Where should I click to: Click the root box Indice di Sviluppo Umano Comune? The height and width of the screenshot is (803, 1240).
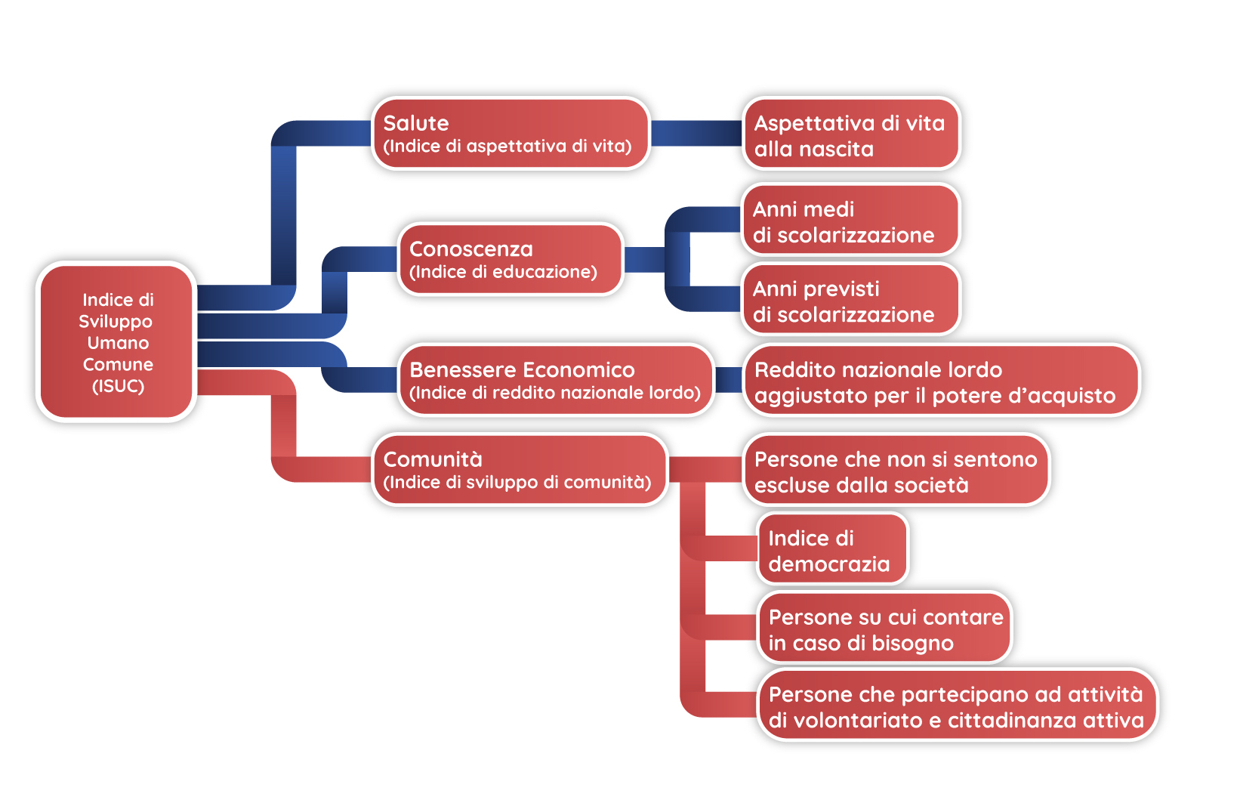(117, 341)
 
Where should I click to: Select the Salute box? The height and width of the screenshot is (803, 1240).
(510, 134)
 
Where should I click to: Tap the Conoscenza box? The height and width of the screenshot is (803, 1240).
(510, 259)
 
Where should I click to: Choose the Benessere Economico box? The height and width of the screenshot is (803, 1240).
(556, 380)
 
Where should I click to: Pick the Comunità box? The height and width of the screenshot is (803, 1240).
(520, 469)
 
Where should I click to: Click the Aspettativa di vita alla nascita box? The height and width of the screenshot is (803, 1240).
(850, 134)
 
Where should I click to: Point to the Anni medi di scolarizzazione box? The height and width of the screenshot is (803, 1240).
(850, 221)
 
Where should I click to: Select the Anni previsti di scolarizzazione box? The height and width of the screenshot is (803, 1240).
(850, 300)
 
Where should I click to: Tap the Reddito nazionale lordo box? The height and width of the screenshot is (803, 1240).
(941, 381)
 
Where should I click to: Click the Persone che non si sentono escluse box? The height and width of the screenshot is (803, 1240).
(896, 470)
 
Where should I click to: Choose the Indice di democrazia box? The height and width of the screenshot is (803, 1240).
(831, 549)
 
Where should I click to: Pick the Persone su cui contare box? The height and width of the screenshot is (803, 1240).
(884, 629)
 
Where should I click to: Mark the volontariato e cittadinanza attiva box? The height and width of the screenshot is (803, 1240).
(957, 706)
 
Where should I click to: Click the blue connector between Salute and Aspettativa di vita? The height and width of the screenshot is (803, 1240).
(696, 134)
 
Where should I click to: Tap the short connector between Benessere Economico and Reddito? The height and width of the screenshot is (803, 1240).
(729, 380)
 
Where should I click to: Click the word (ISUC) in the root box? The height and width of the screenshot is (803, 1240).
(118, 386)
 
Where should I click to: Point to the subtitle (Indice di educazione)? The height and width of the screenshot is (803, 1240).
(503, 272)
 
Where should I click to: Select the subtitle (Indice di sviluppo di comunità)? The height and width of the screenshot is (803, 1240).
(517, 482)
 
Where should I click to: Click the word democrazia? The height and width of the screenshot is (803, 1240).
(829, 564)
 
